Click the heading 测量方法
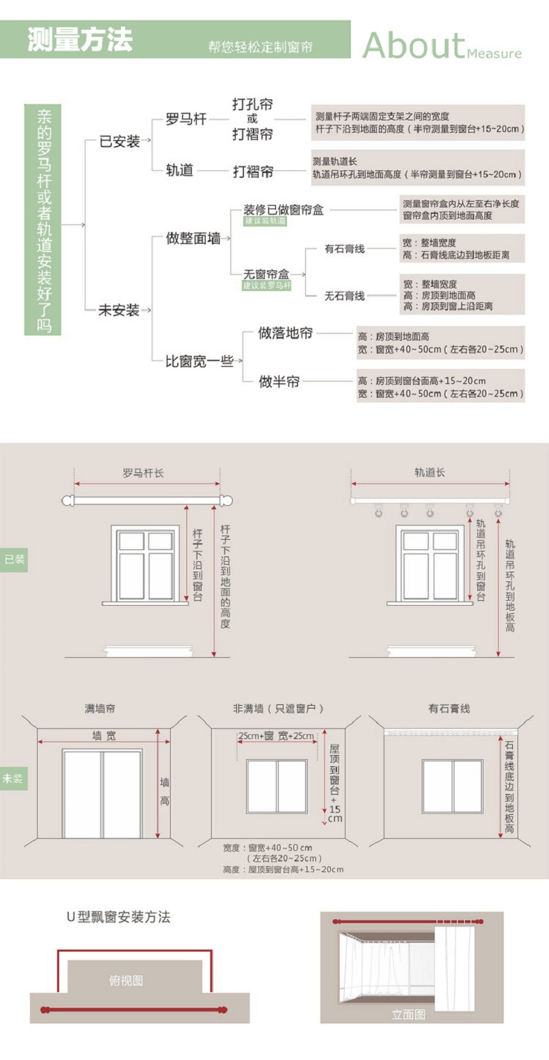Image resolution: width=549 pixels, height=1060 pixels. point(80,40)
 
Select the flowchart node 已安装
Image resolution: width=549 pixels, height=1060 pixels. point(120,141)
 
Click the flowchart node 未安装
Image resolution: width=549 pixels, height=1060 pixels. point(119,310)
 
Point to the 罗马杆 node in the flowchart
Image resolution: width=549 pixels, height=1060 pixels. point(186,119)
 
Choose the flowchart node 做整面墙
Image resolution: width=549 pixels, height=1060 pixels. point(193,238)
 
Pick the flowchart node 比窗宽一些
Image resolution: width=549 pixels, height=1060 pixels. point(199,361)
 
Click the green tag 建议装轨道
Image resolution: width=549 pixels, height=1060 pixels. point(265,221)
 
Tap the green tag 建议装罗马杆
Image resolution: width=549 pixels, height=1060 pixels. point(267,285)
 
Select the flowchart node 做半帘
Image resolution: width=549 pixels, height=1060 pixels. point(279,381)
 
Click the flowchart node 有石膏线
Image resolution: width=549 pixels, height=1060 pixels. point(345,249)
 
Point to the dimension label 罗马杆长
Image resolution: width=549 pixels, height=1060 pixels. point(143,473)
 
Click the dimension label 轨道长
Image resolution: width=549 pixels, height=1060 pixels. point(429,472)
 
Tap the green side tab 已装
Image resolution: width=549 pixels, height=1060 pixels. point(14,559)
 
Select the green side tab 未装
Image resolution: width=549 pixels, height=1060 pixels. point(14,779)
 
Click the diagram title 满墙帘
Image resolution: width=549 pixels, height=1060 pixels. point(100,709)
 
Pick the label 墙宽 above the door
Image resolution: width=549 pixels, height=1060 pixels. point(104,736)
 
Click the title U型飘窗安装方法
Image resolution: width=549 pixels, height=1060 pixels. point(118,917)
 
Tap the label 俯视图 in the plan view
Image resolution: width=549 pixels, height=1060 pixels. point(126,981)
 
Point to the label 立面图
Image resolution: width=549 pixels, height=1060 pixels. point(409,1015)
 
